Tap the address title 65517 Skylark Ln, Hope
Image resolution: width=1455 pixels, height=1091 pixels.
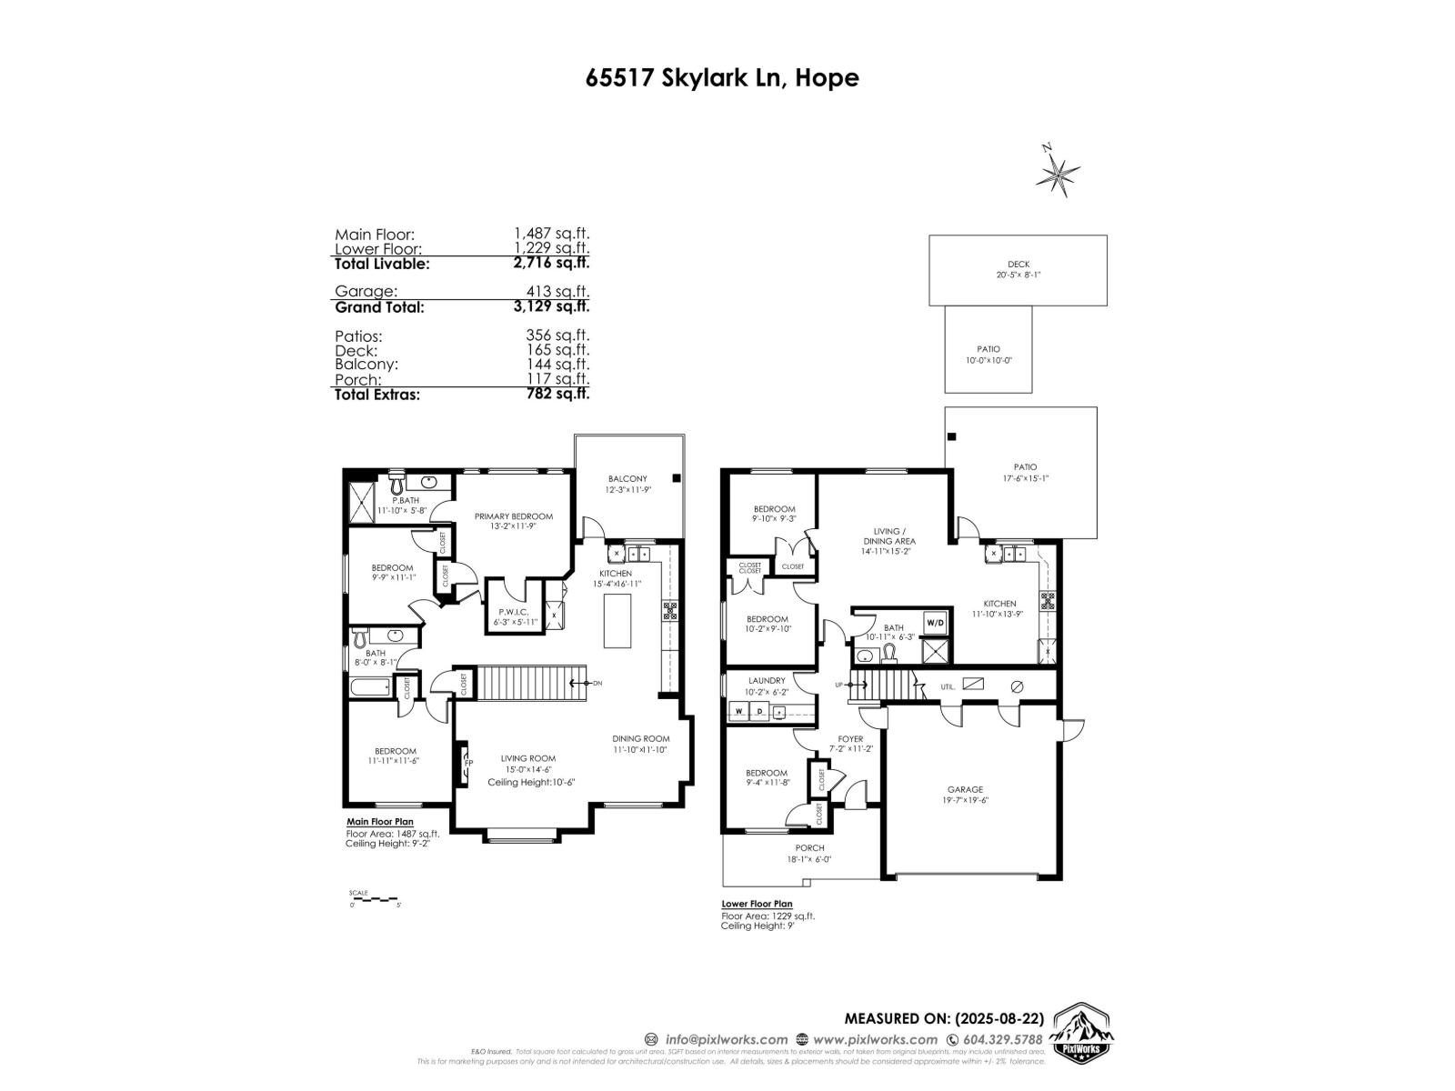coord(722,77)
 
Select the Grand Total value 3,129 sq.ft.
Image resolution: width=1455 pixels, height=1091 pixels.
coord(551,307)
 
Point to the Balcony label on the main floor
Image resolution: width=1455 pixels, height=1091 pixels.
coord(627,479)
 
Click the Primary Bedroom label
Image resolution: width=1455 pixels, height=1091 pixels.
coord(514,516)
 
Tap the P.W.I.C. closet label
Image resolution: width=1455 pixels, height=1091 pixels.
coord(515,612)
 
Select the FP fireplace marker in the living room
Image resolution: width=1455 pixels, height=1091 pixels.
coord(468,763)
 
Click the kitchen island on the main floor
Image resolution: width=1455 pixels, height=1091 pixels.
coord(618,618)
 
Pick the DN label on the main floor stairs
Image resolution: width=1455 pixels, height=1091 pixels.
coord(597,683)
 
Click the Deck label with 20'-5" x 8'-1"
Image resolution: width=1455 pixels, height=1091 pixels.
coord(1018,265)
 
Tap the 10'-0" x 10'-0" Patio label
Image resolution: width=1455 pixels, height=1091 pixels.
coord(988,349)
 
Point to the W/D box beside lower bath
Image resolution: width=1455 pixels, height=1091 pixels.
coord(935,624)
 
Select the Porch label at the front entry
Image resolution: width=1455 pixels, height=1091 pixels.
coord(809,848)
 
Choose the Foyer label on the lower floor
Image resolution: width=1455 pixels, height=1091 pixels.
coord(850,739)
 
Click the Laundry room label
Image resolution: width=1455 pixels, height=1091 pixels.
coord(767,680)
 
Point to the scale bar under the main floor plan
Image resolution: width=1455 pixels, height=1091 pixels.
coord(374,899)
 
